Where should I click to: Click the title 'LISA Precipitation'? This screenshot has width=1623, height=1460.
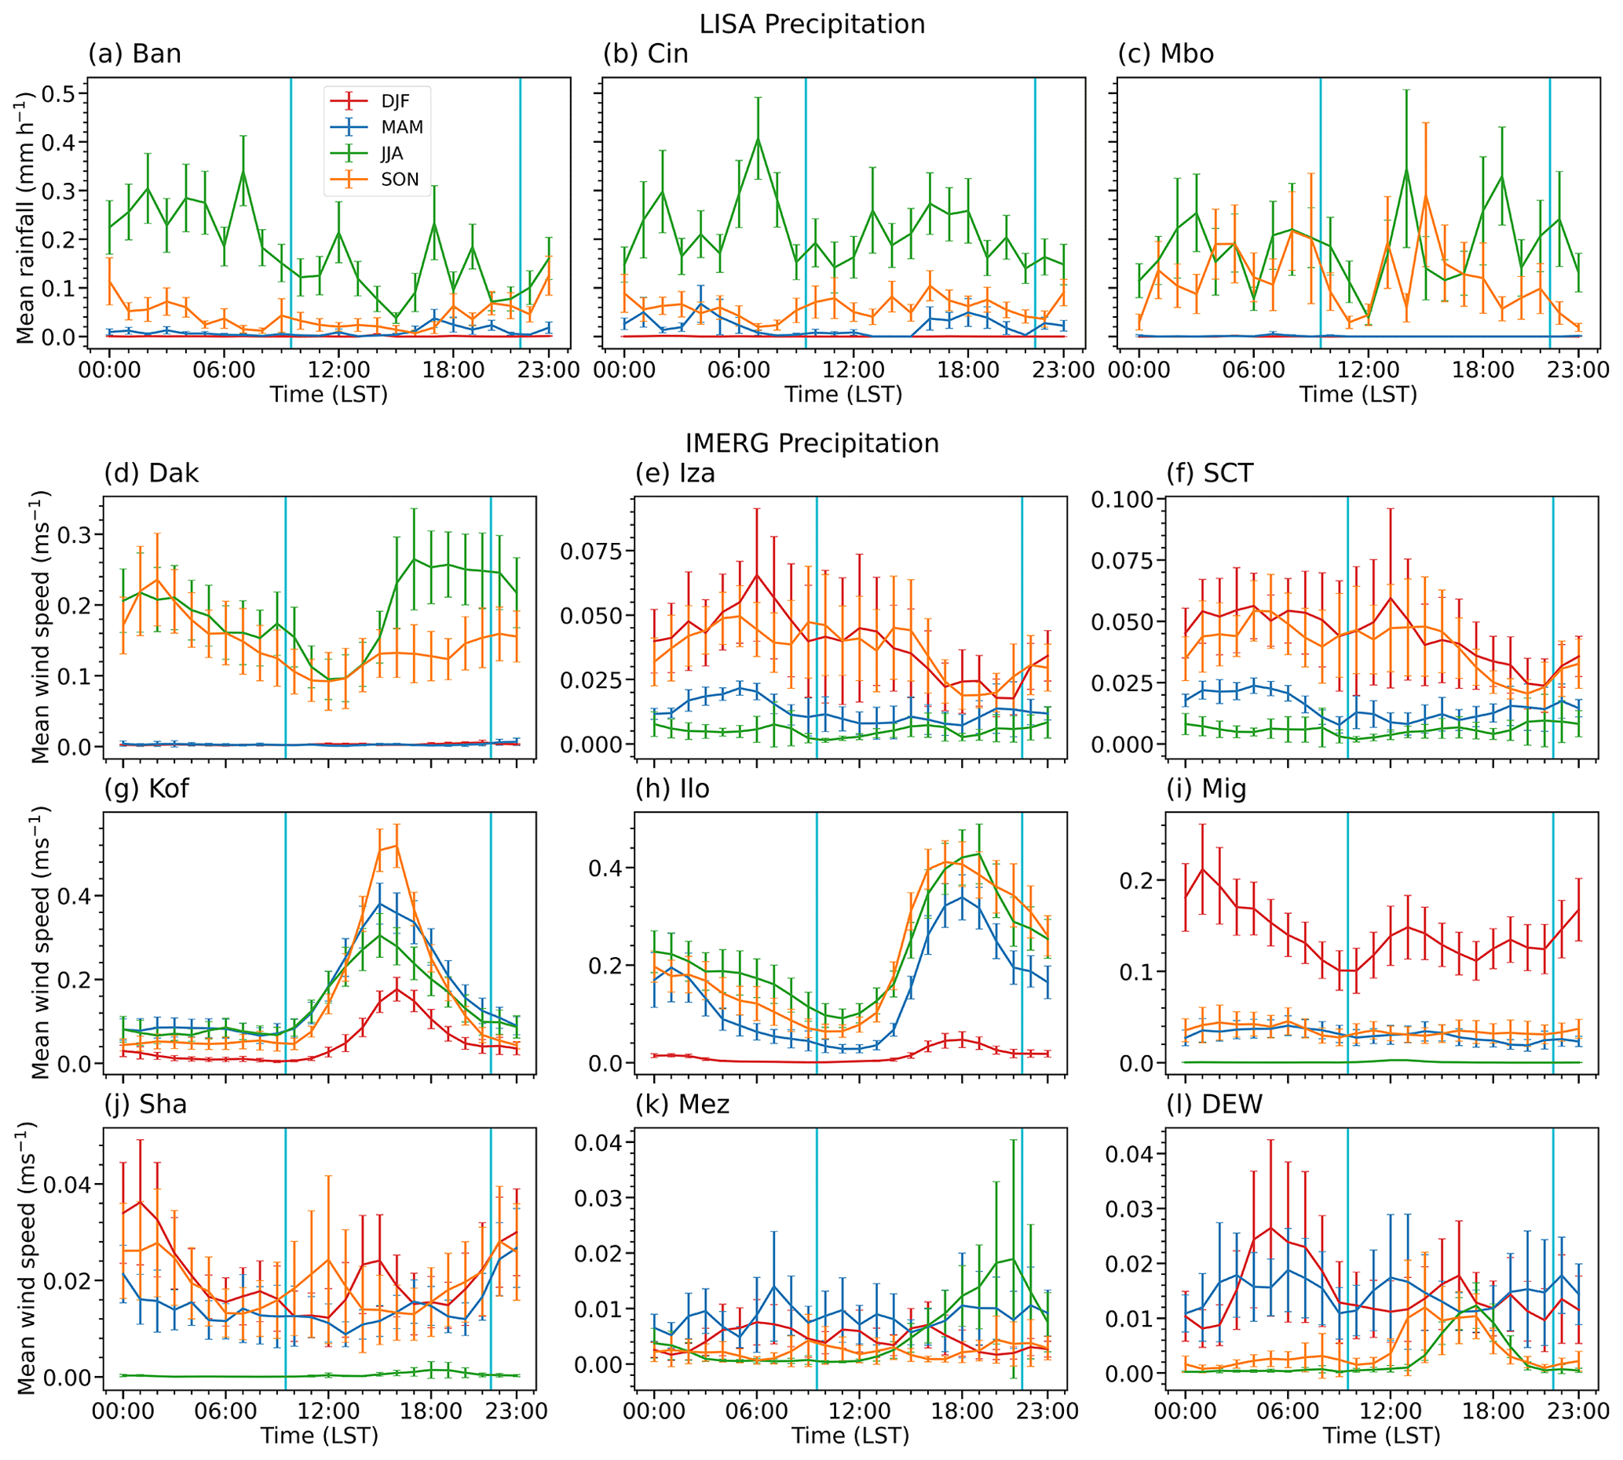pos(812,24)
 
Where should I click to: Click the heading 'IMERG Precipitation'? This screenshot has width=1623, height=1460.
pos(812,442)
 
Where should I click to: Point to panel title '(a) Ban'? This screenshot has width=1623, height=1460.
pos(135,54)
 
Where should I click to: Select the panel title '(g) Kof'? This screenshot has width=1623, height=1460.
pos(146,788)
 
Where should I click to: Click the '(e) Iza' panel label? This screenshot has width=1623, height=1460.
pos(674,473)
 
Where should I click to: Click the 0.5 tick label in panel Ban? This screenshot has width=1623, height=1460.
pos(58,94)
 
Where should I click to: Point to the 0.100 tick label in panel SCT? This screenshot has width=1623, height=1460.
pos(1122,500)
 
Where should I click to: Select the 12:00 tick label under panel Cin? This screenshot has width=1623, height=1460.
pos(854,370)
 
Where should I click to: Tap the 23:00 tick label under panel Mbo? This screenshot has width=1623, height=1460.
pos(1578,370)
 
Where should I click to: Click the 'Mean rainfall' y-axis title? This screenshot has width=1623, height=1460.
pos(26,217)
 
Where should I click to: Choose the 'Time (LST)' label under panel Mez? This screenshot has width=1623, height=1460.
pos(850,1435)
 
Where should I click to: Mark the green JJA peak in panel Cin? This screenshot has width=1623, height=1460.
pos(758,139)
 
